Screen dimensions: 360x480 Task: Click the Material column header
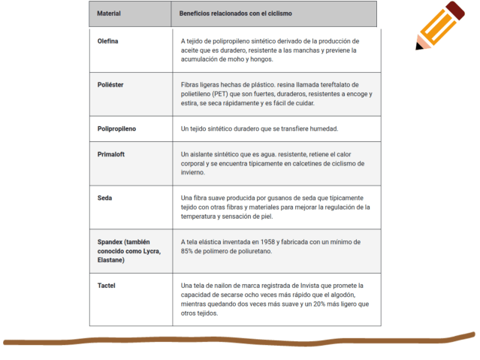pos(109,14)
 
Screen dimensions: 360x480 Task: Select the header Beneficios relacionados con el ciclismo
pos(236,14)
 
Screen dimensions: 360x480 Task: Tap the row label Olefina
pos(108,41)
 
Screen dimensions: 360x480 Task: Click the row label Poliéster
pos(110,84)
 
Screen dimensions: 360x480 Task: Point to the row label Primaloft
pos(113,154)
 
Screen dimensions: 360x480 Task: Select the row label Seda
pos(104,198)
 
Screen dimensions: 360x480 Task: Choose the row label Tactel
pos(106,286)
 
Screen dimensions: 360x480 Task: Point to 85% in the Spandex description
pos(189,251)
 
